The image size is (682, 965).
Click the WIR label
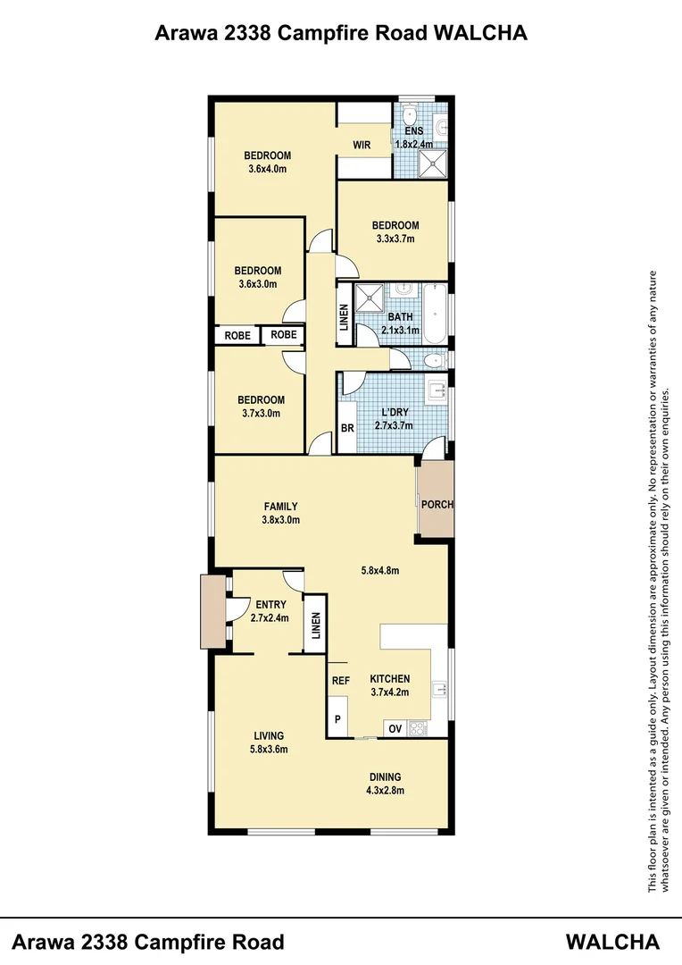click(362, 145)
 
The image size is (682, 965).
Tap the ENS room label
click(413, 130)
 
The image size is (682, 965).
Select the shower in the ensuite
click(434, 164)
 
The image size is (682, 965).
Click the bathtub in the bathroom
click(435, 314)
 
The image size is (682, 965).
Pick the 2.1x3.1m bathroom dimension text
click(401, 330)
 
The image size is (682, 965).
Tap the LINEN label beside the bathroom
click(344, 319)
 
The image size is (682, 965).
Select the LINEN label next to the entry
click(314, 630)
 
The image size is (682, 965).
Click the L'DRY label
click(395, 412)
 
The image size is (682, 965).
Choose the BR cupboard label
click(347, 428)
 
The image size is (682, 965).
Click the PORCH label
click(437, 504)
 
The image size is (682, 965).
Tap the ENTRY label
click(270, 605)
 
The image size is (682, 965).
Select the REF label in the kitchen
click(340, 681)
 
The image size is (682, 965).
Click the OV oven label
click(395, 729)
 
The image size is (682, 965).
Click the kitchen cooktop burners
click(417, 728)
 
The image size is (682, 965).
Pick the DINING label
click(386, 776)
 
